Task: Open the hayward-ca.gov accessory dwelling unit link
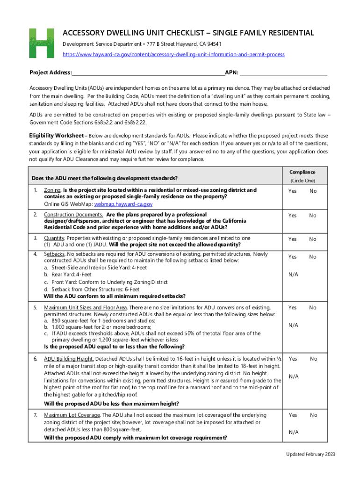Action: click(x=173, y=55)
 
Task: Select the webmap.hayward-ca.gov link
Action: click(x=123, y=204)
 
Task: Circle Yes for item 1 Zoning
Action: click(x=292, y=191)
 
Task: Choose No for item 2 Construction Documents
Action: click(x=313, y=215)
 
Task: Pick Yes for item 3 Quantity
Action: click(x=292, y=239)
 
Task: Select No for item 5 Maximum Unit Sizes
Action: click(x=313, y=307)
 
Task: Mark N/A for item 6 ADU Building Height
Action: click(x=294, y=376)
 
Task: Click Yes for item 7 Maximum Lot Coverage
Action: click(x=292, y=415)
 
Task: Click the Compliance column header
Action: click(x=302, y=172)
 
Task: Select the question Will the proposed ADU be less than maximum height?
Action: click(x=111, y=404)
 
